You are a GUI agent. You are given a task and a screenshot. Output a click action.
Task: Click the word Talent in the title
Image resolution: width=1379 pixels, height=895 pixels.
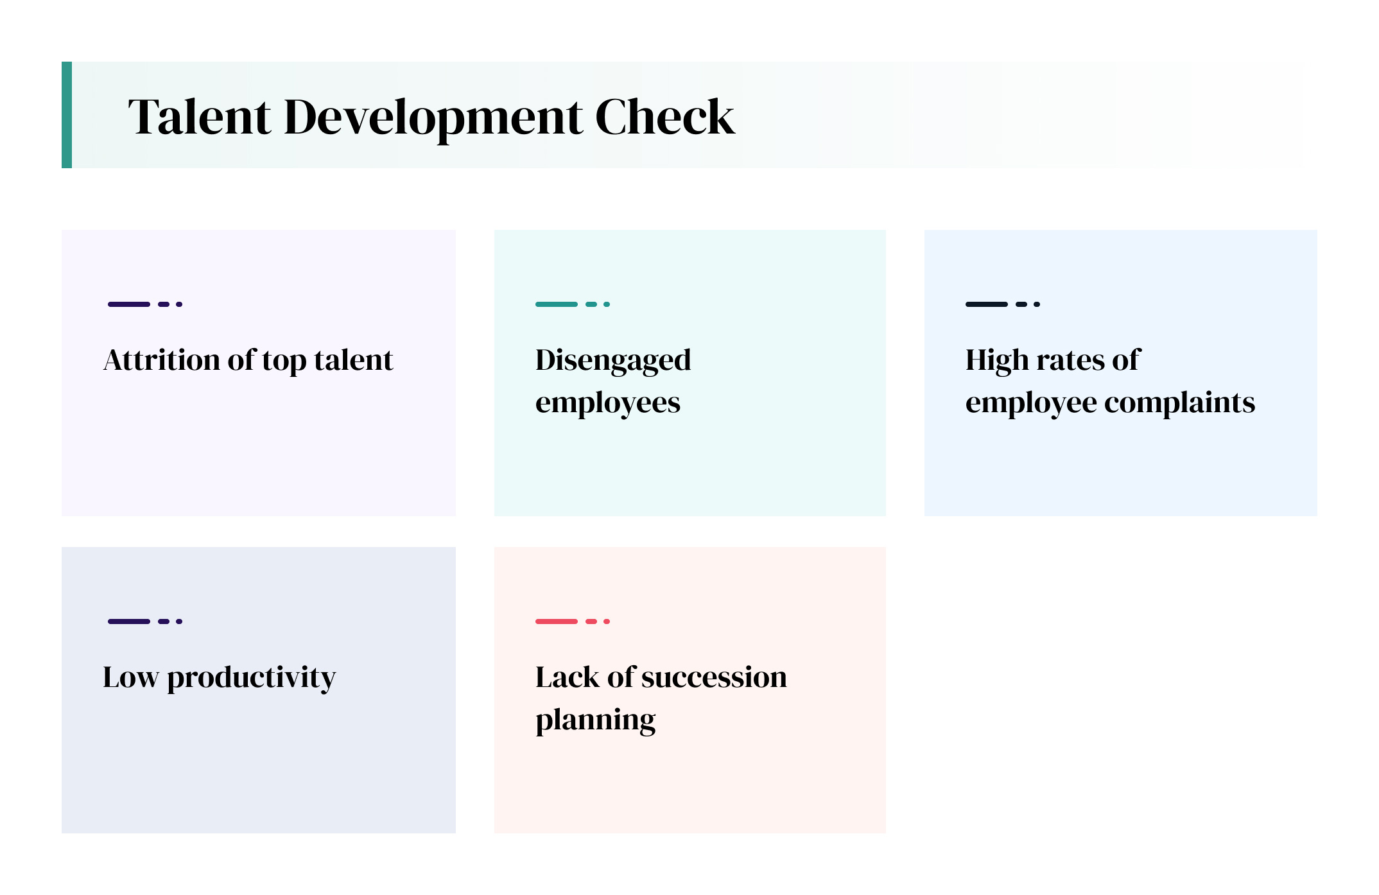tap(200, 117)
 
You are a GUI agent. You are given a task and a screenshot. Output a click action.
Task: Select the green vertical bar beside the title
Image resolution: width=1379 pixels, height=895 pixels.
tap(67, 115)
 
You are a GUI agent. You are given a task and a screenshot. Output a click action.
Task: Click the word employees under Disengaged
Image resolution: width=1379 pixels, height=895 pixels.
tap(608, 404)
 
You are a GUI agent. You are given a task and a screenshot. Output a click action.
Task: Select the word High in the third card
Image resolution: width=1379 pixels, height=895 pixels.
tap(997, 360)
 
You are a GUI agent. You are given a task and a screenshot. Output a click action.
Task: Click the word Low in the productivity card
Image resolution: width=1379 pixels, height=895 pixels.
tap(130, 677)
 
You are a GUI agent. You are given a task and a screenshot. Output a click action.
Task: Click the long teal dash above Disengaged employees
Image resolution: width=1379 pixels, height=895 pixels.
tap(557, 304)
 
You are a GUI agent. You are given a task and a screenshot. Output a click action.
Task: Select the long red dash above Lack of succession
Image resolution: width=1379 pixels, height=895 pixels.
tap(557, 621)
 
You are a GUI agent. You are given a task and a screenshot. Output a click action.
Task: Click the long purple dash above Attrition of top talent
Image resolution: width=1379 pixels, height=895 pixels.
tap(129, 304)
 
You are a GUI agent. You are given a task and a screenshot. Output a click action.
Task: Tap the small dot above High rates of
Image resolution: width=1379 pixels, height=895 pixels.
tap(1037, 304)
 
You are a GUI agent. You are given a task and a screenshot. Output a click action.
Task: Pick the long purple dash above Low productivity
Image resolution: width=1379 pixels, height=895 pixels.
tap(129, 621)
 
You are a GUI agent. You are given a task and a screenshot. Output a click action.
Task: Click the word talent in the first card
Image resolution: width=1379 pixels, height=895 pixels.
tap(354, 360)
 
